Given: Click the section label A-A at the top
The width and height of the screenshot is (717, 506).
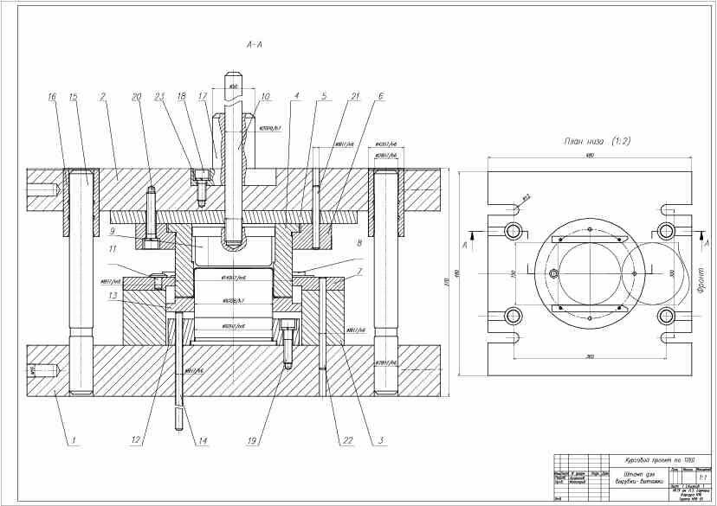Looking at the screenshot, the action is [253, 42].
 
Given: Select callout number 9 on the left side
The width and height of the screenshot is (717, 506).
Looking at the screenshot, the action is [113, 231].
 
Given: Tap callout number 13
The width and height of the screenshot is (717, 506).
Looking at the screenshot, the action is [113, 295].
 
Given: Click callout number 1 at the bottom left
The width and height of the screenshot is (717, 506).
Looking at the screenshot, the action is [74, 440].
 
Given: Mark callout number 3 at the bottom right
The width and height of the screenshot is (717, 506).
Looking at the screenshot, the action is [379, 440].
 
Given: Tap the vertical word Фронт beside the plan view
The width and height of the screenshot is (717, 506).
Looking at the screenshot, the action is [701, 279].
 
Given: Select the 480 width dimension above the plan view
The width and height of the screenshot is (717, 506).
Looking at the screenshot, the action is [590, 156].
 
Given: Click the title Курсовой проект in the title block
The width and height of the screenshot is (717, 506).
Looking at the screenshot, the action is [642, 460].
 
